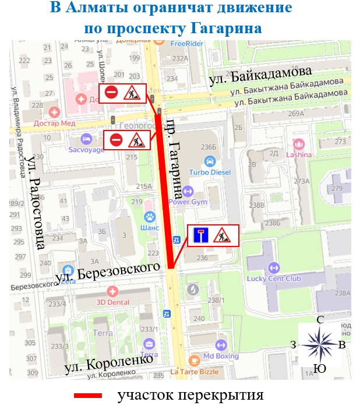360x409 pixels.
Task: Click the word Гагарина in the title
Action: point(224,28)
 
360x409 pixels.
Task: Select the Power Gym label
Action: point(188,202)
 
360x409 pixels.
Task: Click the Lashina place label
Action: point(299,154)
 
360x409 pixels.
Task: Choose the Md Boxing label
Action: point(221,355)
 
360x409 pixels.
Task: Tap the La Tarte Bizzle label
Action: point(194,371)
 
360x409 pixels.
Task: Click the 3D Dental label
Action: point(112,302)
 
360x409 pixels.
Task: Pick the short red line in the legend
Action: point(88,396)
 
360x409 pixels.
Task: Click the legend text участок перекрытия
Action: point(190,396)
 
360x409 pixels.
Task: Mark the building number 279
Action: point(337,189)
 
